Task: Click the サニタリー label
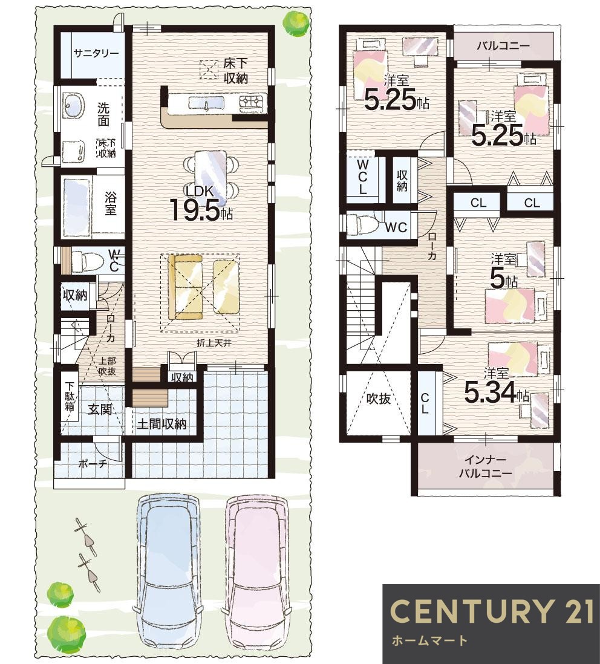click(x=96, y=53)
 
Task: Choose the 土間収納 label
click(x=161, y=424)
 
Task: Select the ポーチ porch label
click(x=93, y=464)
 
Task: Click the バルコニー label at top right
click(x=503, y=46)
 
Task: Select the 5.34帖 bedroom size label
click(x=497, y=394)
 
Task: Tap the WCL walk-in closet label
click(x=362, y=177)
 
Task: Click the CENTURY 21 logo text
click(x=491, y=611)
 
